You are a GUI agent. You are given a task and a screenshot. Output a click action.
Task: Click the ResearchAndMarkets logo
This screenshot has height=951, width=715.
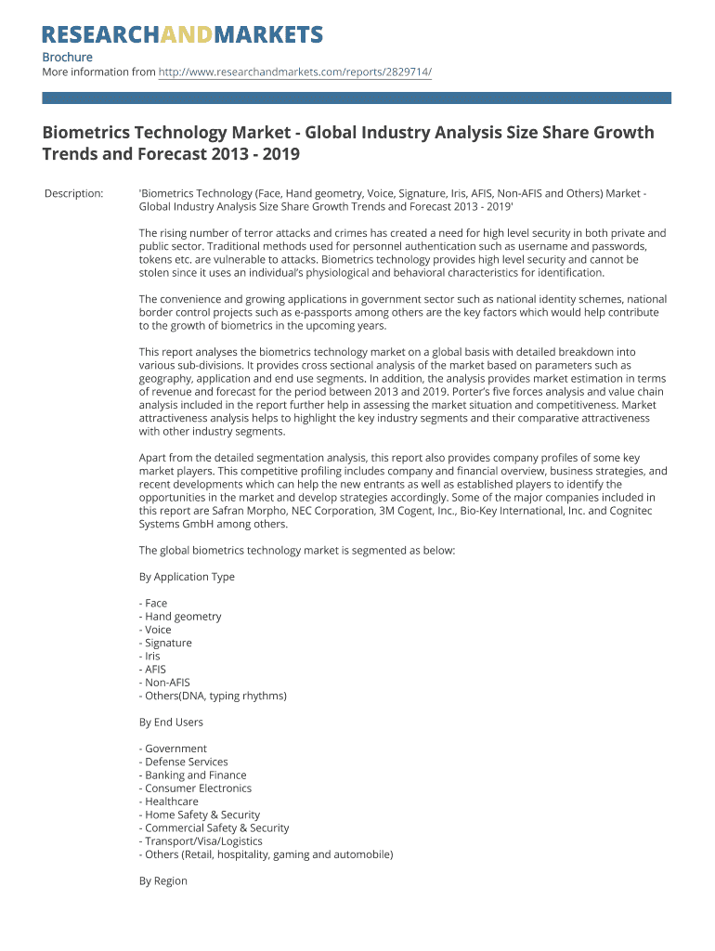182,35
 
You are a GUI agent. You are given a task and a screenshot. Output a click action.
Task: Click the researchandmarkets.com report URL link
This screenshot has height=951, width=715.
295,72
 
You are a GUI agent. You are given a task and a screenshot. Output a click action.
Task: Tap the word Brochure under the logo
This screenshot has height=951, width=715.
67,58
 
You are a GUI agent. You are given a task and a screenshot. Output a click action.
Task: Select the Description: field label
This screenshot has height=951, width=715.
73,193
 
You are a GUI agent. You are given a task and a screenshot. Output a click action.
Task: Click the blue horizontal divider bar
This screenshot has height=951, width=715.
357,98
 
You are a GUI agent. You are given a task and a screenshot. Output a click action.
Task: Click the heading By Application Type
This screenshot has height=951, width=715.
187,577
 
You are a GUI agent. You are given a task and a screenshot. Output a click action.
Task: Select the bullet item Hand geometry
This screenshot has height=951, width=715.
182,617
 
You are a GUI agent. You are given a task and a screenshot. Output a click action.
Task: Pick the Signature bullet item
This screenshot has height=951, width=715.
167,643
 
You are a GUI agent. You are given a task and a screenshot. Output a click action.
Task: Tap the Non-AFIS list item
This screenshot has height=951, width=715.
166,683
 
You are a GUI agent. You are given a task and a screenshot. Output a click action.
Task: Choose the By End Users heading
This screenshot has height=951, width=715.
171,722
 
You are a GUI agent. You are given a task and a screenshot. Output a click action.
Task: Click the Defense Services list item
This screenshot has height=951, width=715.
185,762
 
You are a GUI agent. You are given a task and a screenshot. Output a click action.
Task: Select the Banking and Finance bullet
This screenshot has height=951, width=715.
194,775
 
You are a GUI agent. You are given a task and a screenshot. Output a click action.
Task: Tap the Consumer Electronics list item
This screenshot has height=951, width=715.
197,788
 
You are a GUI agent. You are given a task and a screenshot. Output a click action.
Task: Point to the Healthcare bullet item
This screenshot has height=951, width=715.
170,801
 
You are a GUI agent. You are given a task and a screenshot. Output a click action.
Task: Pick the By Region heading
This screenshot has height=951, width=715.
163,880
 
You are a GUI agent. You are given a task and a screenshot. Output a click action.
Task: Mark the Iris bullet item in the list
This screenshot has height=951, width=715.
151,656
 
